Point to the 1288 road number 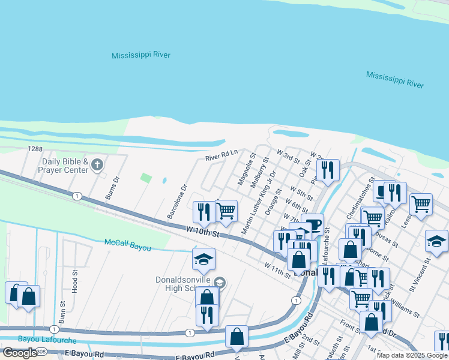tap(34, 148)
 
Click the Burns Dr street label tap(112, 187)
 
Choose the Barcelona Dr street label tap(178, 200)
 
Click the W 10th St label tap(201, 230)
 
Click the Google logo tap(20, 353)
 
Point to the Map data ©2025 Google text tap(411, 355)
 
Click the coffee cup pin tap(312, 225)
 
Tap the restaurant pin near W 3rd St tap(328, 169)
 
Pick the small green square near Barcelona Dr tap(145, 178)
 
